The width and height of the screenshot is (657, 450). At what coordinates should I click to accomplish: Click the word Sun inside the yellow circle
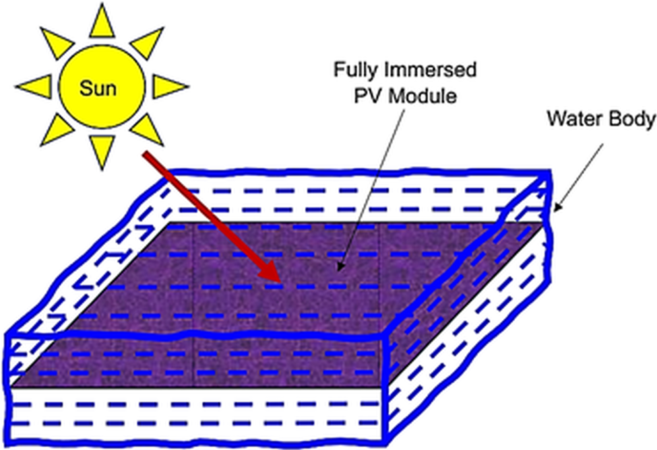[x=98, y=88]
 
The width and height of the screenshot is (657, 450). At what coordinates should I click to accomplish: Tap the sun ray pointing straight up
[x=102, y=23]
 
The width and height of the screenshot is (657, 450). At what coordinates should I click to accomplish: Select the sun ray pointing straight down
[x=102, y=151]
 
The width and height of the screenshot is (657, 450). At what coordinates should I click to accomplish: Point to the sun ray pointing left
[x=36, y=87]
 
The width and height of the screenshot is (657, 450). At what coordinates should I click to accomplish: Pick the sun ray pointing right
[x=168, y=87]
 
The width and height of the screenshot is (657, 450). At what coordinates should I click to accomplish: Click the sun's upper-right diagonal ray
[x=148, y=42]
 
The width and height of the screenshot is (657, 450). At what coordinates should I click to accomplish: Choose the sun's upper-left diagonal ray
[x=57, y=42]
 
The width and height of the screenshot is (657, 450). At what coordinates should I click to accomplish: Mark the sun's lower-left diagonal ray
[x=57, y=130]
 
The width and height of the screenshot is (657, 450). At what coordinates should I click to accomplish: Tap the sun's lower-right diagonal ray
[x=148, y=130]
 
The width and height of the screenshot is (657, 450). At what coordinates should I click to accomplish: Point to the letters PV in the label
[x=368, y=96]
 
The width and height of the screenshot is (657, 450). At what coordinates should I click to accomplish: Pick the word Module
[x=423, y=96]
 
